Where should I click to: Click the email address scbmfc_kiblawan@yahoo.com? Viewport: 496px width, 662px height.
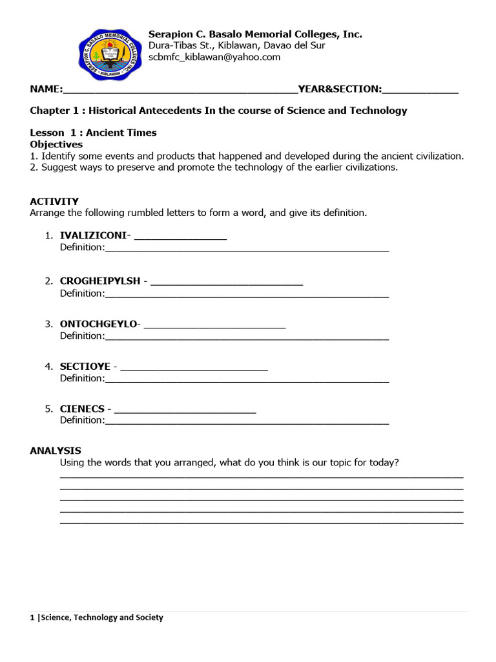[x=214, y=57]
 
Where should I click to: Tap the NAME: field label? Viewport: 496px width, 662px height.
[x=46, y=89]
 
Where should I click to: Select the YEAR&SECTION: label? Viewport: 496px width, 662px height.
[x=339, y=89]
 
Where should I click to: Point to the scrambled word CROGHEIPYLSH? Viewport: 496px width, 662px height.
[x=100, y=281]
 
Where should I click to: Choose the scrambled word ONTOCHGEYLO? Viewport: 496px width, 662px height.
[x=98, y=324]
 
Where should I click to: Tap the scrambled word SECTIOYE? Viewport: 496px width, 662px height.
[x=85, y=367]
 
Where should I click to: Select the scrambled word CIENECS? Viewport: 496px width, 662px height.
[x=82, y=409]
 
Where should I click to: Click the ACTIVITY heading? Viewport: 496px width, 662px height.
[x=54, y=201]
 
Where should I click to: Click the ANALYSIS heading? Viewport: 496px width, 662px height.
[x=56, y=451]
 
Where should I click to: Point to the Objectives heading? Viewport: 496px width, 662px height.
[x=56, y=144]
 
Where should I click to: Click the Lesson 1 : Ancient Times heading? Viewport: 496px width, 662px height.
[x=93, y=133]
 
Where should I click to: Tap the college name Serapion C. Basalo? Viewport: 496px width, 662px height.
[x=255, y=34]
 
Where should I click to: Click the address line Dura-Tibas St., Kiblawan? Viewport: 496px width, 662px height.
[x=237, y=45]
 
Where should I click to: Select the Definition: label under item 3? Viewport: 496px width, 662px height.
[x=82, y=336]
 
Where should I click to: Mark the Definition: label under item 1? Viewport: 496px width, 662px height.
[x=82, y=247]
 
